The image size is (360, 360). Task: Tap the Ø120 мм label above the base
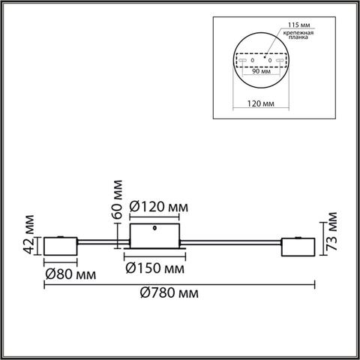158,206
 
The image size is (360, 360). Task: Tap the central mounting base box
156,235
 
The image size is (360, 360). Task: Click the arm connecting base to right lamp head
232,242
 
